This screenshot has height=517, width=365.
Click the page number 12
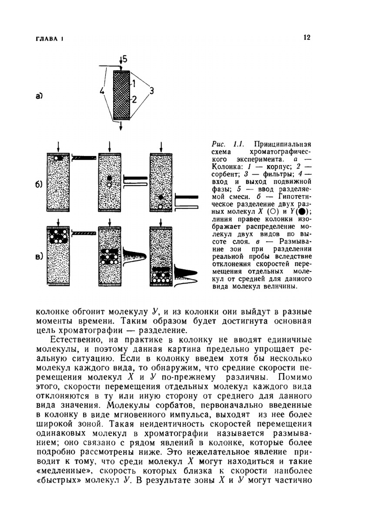307,37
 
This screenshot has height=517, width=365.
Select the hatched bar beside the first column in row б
84,158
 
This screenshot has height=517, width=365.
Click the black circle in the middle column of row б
109,178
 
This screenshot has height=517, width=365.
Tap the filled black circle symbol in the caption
301,212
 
